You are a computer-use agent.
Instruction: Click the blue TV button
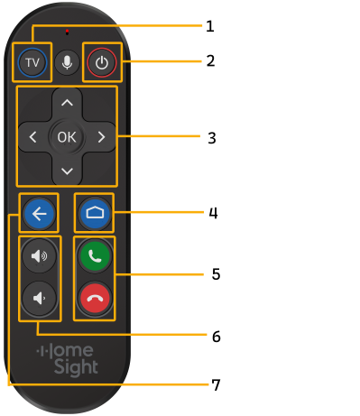pyautogui.click(x=31, y=63)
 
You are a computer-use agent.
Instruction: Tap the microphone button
pyautogui.click(x=66, y=63)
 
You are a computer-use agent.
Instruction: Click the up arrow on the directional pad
pyautogui.click(x=66, y=103)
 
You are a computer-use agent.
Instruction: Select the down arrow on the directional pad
pyautogui.click(x=66, y=171)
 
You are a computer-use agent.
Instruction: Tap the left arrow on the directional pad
pyautogui.click(x=32, y=137)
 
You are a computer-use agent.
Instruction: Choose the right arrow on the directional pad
pyautogui.click(x=100, y=137)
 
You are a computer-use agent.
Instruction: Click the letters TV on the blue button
pyautogui.click(x=31, y=63)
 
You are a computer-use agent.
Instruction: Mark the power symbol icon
pyautogui.click(x=102, y=63)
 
